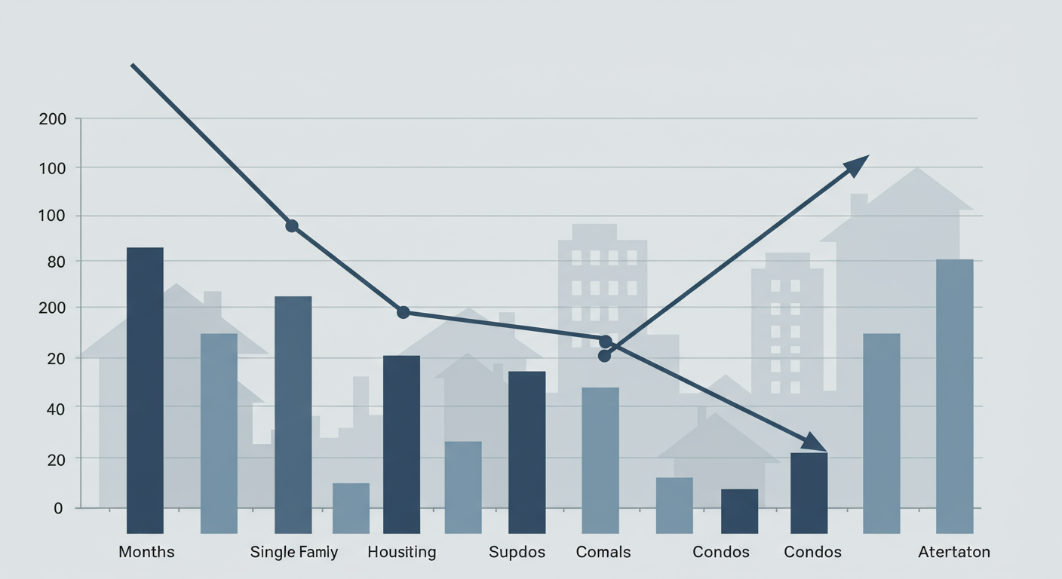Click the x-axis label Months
(146, 552)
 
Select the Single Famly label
(294, 552)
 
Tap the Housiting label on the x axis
(401, 552)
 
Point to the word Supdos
(517, 552)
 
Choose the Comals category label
(603, 552)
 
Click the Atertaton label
(953, 552)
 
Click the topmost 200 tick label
(52, 119)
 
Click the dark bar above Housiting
(401, 444)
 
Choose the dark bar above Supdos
(526, 452)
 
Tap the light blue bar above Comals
(600, 460)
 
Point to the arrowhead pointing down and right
(815, 441)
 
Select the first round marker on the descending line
(292, 226)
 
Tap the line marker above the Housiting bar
(403, 312)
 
